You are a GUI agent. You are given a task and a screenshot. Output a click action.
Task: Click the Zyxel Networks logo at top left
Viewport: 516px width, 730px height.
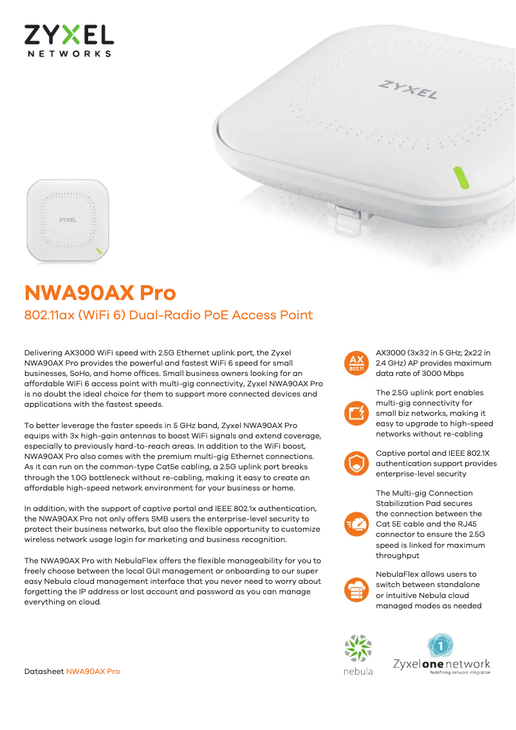point(69,41)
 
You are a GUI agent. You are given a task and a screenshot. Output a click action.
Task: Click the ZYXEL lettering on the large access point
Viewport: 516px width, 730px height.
point(408,89)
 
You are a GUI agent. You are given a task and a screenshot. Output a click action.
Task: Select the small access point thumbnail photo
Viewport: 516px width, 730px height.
point(68,220)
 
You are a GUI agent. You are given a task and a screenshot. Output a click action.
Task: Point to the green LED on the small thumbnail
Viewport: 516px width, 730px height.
point(99,251)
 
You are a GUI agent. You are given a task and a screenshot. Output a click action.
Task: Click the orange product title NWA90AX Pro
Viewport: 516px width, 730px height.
point(100,293)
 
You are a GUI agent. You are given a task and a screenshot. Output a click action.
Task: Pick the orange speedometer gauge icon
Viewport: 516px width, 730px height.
point(356,524)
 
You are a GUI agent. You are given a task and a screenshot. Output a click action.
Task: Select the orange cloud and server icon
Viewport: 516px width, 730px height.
point(356,590)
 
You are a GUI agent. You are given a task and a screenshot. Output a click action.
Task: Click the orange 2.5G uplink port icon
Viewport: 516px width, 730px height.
point(356,413)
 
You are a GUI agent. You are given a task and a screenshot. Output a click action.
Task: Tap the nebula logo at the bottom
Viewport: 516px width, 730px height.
point(358,655)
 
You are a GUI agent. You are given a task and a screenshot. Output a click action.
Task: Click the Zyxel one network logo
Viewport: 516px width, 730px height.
point(441,654)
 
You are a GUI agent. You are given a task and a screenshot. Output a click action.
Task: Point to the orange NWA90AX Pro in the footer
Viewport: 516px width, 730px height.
point(93,671)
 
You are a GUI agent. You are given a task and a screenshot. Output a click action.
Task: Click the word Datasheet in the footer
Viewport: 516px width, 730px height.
point(44,671)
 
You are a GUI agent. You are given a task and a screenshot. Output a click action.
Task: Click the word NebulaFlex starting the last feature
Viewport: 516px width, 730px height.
point(398,574)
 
